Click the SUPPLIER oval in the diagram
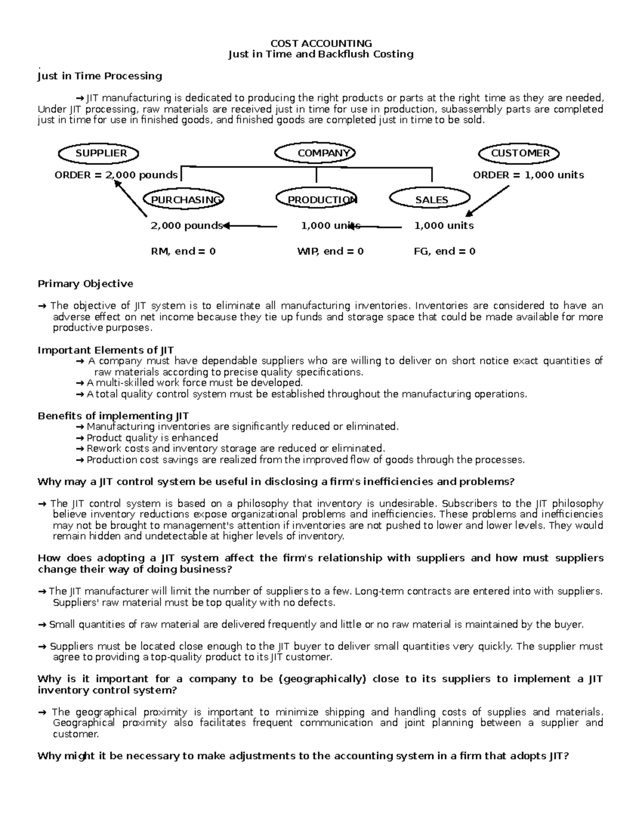(98, 154)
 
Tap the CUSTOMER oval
(518, 154)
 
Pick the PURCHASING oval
(184, 200)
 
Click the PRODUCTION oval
(317, 200)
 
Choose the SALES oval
(431, 200)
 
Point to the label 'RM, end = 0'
(184, 251)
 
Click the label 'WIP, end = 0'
(330, 251)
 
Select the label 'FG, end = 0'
(444, 251)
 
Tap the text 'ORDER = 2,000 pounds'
(116, 176)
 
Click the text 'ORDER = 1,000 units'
(528, 176)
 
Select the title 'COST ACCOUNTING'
(321, 43)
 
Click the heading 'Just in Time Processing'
(100, 76)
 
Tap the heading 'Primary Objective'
(85, 284)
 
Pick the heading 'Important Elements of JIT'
(105, 350)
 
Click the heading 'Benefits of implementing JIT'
(113, 416)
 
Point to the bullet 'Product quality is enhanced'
(152, 438)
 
